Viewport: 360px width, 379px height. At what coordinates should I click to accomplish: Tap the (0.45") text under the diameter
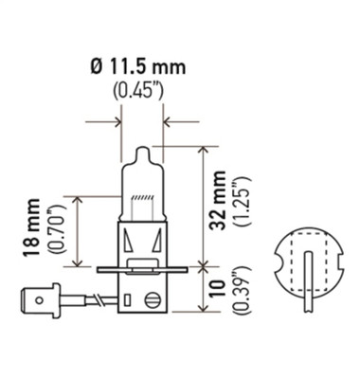140,91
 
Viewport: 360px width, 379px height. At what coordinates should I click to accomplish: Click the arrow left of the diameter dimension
111,121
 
